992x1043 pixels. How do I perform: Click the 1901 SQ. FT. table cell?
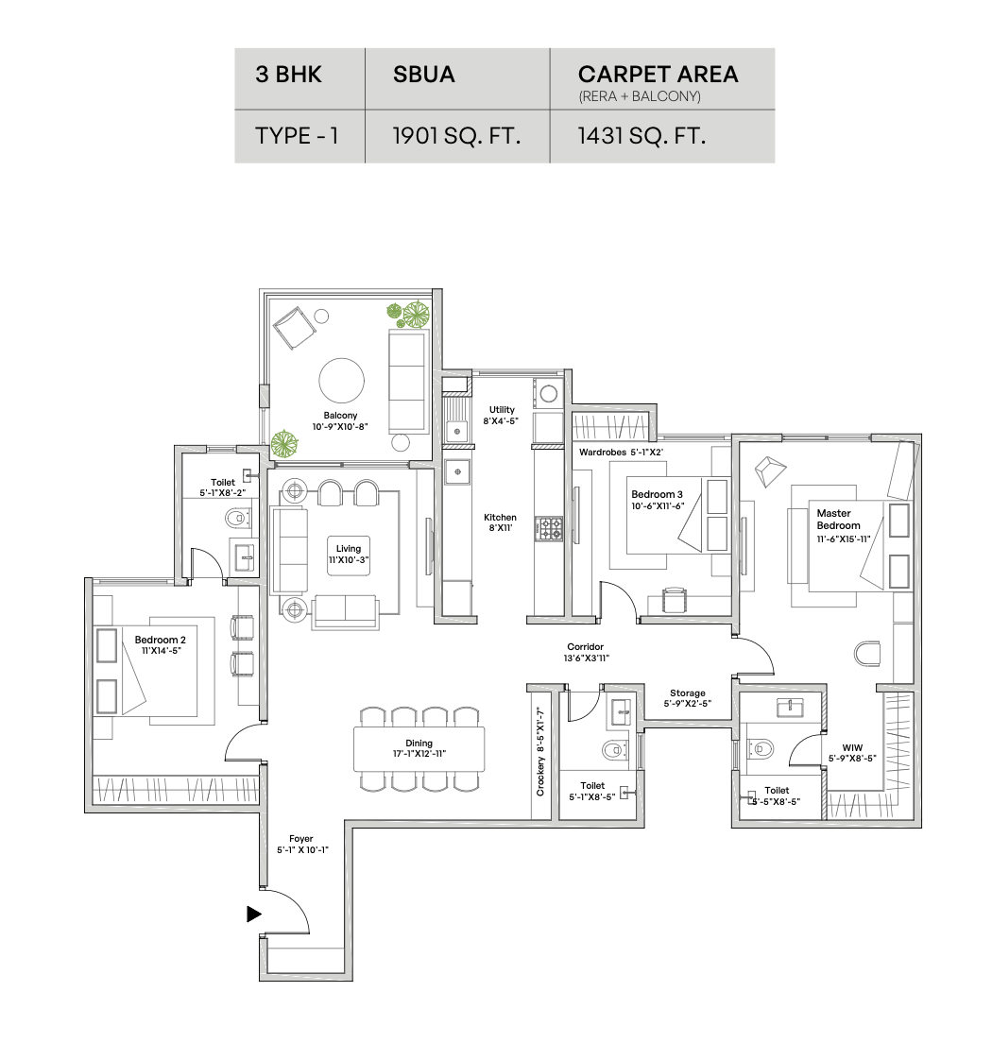(457, 136)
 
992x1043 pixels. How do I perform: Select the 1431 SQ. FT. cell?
(662, 136)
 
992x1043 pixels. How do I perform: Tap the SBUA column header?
(457, 78)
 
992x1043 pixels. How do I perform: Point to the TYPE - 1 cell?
(299, 136)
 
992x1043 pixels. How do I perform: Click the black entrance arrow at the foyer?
(253, 914)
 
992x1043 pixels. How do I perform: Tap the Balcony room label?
(340, 415)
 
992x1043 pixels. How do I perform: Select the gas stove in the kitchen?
(548, 529)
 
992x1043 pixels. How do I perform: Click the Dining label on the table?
(419, 743)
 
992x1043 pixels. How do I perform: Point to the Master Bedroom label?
(838, 519)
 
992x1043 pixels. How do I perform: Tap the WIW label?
(852, 747)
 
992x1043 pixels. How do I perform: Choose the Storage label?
(687, 692)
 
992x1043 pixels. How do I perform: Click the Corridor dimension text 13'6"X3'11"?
(586, 658)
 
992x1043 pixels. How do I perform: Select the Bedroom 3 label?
(657, 494)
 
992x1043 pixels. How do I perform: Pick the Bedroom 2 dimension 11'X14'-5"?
(161, 651)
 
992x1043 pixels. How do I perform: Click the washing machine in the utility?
(548, 393)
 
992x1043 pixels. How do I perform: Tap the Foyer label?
(300, 839)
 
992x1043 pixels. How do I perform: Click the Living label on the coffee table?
(348, 549)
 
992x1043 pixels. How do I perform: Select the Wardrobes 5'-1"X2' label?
(621, 453)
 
